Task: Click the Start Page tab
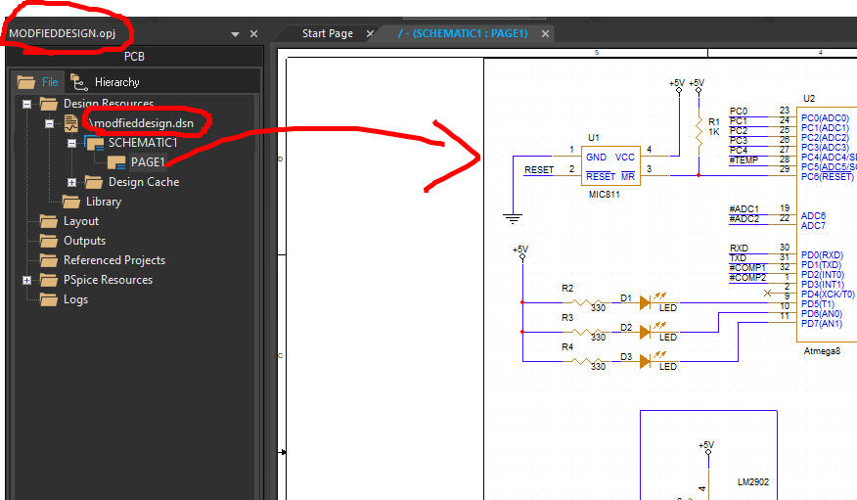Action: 327,33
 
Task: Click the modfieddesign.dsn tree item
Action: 147,123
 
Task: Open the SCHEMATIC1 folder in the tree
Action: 142,143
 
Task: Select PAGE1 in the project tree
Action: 148,162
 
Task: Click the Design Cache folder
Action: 143,182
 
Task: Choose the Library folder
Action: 103,202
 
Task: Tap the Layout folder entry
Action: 81,221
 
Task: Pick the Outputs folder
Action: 84,241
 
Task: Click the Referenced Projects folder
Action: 113,260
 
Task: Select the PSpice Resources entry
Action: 108,280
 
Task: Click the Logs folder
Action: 75,299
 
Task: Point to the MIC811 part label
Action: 602,195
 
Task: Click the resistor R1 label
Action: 713,122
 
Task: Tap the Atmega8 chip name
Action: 821,349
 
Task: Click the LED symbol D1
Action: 645,303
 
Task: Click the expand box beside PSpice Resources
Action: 26,280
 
